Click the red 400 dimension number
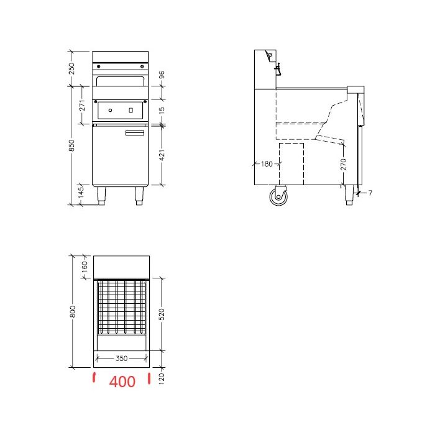[122, 382]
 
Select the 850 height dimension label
[71, 145]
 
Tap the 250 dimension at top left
[71, 68]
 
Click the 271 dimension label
[82, 105]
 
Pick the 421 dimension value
[162, 154]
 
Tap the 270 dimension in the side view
[344, 164]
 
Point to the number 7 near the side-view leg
[370, 193]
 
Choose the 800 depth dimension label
[71, 310]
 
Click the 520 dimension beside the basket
[162, 315]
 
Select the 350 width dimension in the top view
[121, 359]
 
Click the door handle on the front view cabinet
[134, 133]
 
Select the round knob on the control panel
[111, 111]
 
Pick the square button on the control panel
[130, 111]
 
